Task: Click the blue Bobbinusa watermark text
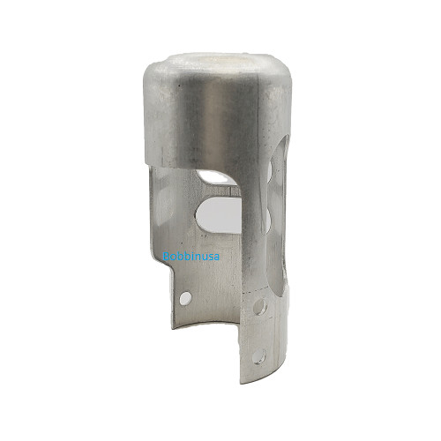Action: click(x=191, y=258)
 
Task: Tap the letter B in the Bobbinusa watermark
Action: click(x=168, y=258)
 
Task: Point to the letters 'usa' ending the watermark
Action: click(x=211, y=258)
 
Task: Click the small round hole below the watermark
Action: click(x=184, y=298)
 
